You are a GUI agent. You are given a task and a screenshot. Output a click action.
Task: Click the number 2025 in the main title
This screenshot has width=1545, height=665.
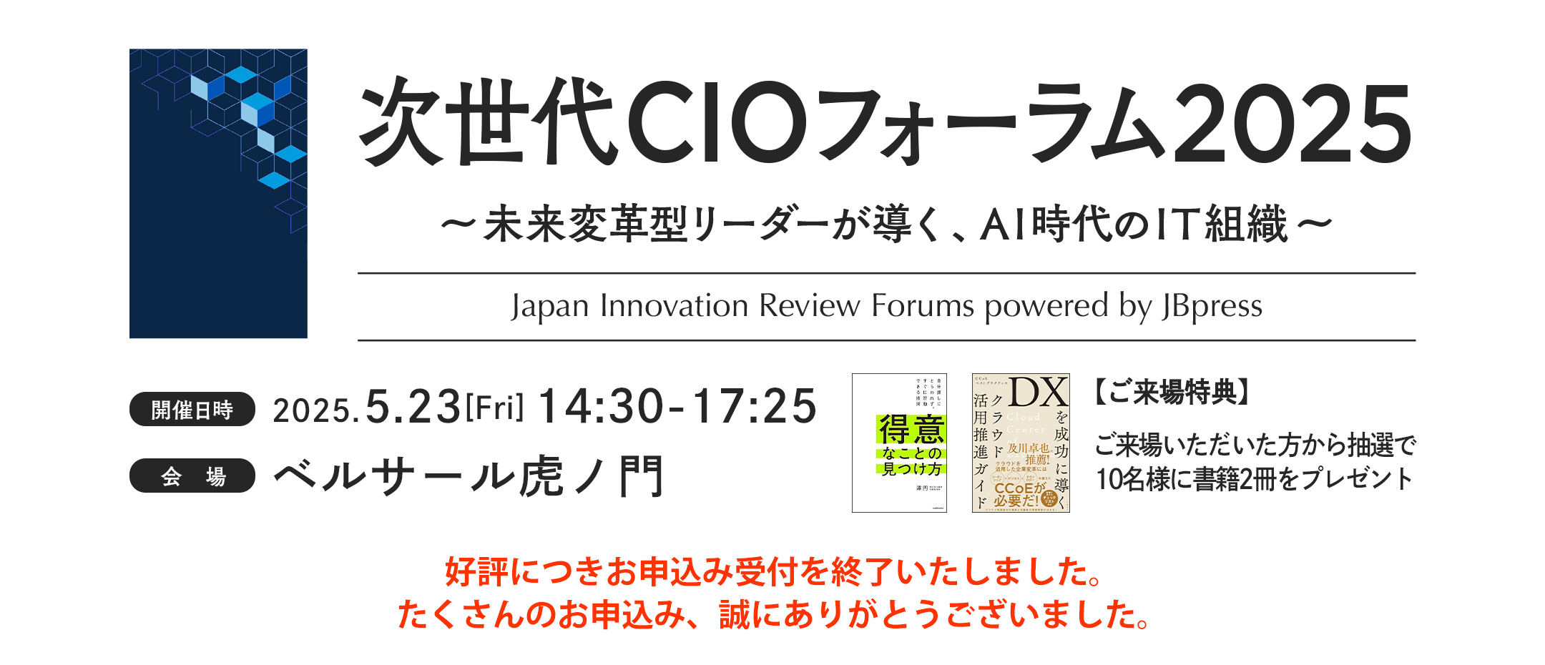click(x=1292, y=123)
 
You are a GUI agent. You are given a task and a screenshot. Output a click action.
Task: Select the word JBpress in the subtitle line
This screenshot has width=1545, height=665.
click(x=1212, y=306)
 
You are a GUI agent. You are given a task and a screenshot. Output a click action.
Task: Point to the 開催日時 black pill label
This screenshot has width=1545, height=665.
click(x=192, y=410)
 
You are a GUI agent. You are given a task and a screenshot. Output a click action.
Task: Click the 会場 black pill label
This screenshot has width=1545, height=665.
click(x=192, y=476)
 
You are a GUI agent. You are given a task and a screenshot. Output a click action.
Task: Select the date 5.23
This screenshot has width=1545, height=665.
click(x=413, y=407)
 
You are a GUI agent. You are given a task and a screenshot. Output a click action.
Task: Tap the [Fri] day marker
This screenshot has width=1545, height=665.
click(x=495, y=408)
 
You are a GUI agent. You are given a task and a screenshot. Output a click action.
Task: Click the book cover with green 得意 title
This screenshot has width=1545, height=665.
click(x=899, y=443)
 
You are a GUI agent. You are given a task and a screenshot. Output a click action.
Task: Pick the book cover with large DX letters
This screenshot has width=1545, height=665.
click(x=1021, y=443)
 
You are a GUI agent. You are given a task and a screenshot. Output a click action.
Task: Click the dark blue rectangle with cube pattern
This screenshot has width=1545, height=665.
click(x=218, y=193)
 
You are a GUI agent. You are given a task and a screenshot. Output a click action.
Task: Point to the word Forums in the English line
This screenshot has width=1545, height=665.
click(x=923, y=306)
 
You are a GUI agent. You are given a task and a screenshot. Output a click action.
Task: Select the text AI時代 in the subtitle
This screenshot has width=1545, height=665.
click(x=1054, y=225)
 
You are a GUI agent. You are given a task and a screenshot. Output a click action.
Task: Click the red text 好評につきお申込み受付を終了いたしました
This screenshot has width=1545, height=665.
click(x=772, y=571)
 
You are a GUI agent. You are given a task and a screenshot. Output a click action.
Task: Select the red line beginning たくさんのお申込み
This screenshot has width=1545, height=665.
click(x=772, y=614)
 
